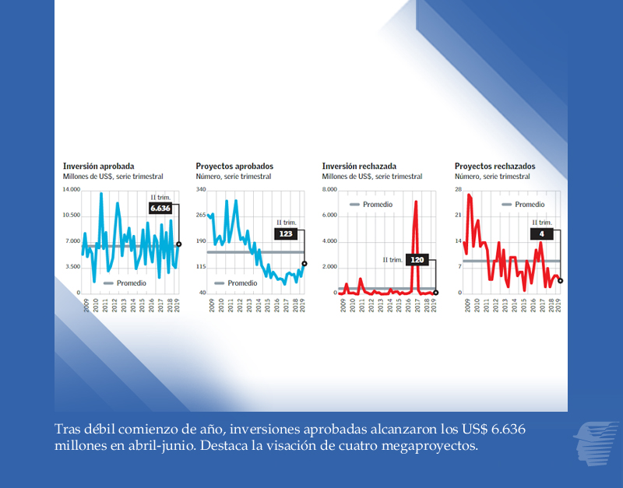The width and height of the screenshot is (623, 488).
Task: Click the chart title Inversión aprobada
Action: [x=98, y=167]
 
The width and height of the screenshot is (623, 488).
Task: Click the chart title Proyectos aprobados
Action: [x=234, y=167]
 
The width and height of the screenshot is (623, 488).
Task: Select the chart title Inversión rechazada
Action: [x=359, y=167]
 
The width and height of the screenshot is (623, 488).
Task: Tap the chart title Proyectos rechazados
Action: [x=495, y=167]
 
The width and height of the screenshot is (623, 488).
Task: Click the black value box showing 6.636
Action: [x=160, y=209]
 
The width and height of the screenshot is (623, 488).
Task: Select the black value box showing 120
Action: [x=417, y=260]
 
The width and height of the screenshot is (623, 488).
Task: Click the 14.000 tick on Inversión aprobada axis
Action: [x=72, y=190]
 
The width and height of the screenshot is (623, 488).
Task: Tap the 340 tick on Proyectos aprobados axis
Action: [x=201, y=190]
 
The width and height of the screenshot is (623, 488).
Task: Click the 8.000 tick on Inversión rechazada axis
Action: [x=329, y=190]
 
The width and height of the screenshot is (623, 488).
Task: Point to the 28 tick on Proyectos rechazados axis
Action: [x=459, y=190]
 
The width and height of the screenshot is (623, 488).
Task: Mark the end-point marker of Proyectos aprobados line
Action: [x=304, y=264]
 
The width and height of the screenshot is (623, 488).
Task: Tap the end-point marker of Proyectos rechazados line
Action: [x=561, y=281]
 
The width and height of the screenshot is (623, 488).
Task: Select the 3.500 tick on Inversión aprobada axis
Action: [x=73, y=267]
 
